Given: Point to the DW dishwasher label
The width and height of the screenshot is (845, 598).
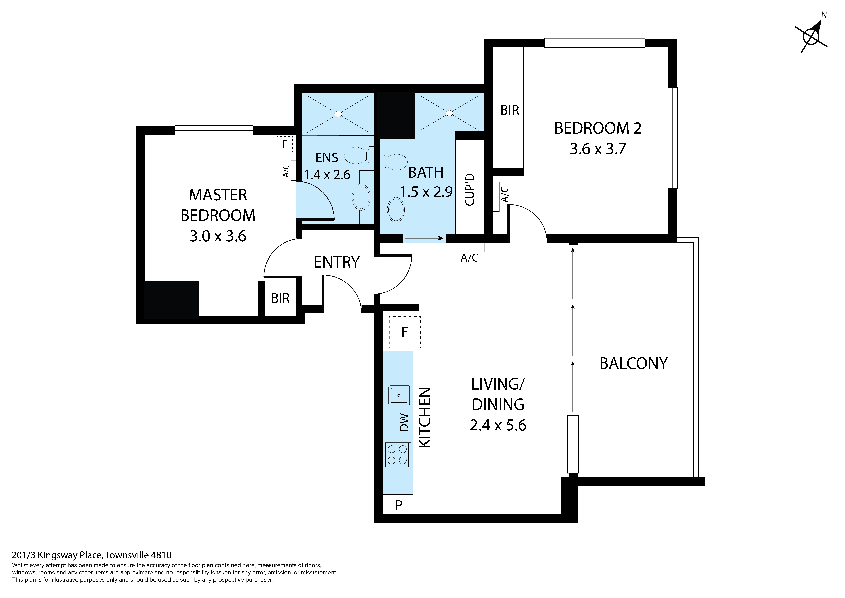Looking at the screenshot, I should pos(404,423).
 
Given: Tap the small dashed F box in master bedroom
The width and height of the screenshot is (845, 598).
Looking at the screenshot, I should pos(284,144).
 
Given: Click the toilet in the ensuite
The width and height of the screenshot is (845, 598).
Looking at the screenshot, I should pos(357,155).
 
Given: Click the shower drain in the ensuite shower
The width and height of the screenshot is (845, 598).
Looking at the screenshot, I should pos(338,114).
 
